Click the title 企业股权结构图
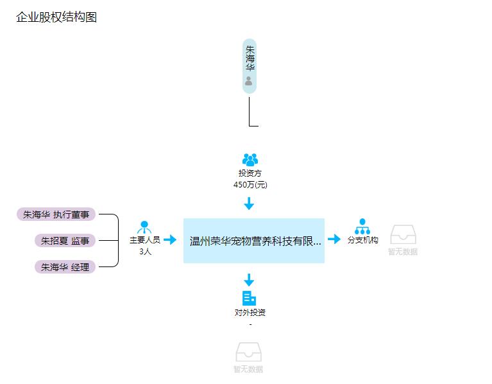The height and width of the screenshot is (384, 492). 56,17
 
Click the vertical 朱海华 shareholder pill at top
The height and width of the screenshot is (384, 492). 250,66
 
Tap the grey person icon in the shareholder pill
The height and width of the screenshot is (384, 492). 248,81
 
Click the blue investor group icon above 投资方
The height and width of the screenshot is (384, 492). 250,159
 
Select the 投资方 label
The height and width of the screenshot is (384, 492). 250,173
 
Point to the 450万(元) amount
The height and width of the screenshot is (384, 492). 250,185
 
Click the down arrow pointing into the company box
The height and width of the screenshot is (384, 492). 249,204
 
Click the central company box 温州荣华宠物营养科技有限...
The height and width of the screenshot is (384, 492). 254,241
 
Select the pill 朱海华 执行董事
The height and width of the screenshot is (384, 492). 56,214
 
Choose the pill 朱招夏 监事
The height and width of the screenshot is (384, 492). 65,241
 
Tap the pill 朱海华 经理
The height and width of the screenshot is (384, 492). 65,267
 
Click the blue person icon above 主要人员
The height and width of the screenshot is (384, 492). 144,227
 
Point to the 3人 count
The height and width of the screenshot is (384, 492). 145,252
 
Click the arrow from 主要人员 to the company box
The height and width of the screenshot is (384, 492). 170,240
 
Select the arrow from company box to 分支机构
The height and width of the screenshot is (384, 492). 334,239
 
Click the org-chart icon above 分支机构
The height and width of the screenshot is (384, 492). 362,227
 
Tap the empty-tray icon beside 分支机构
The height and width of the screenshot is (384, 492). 403,234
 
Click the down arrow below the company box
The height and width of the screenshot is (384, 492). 249,280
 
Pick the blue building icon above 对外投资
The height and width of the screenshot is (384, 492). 249,299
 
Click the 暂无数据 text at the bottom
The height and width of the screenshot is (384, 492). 248,369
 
